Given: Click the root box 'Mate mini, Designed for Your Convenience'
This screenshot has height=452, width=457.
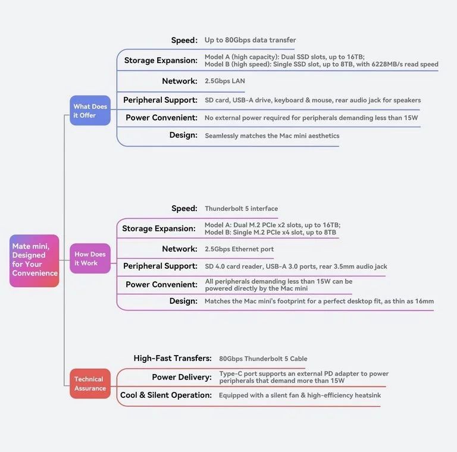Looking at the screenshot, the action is tap(35, 260).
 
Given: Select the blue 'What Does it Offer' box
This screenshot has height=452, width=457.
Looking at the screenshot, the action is tap(90, 111).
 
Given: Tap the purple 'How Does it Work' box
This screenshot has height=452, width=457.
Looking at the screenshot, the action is tap(90, 258).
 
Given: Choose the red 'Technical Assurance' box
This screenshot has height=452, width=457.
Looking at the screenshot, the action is tap(90, 384).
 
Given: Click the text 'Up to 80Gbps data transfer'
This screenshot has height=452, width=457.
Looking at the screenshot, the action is tap(250, 40).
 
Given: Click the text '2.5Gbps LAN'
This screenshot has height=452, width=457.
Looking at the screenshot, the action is tap(225, 81).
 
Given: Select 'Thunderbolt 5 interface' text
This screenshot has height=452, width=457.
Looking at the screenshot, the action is tap(242, 209).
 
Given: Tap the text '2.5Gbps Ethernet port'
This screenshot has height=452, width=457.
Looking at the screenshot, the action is tap(239, 249).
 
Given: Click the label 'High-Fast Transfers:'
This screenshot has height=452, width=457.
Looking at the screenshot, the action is tap(173, 358).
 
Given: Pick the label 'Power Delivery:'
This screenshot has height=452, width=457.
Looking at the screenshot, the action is tap(182, 377).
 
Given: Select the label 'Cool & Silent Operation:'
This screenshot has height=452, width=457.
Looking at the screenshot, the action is tap(166, 395).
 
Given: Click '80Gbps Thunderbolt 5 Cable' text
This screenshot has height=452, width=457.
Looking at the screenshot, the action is tap(263, 359).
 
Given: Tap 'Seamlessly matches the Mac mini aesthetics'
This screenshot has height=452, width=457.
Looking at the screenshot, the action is tap(272, 136).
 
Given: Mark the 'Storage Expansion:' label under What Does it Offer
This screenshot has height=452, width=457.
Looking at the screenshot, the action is tap(161, 60).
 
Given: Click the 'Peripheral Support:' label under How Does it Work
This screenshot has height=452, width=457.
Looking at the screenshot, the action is tap(160, 266).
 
